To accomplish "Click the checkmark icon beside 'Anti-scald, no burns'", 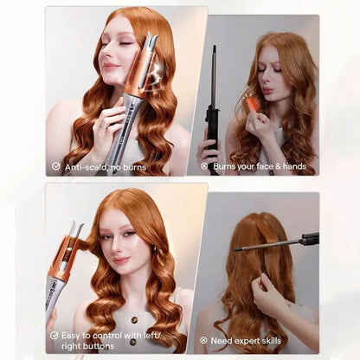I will (x=56, y=165).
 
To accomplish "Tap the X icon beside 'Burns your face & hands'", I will (x=204, y=165).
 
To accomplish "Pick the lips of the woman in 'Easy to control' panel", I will (x=119, y=260).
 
